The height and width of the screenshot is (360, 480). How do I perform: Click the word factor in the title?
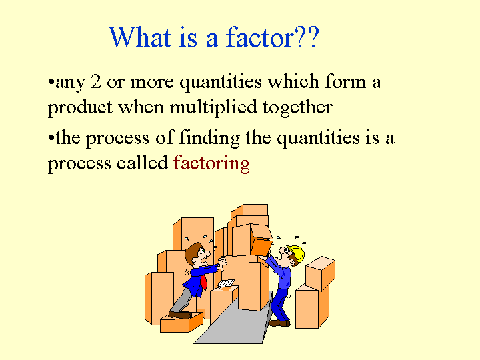click(x=260, y=37)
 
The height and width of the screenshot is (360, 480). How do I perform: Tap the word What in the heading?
click(x=140, y=37)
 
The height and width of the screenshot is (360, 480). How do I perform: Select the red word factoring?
click(x=211, y=163)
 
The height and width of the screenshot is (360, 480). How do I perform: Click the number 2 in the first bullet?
click(x=96, y=82)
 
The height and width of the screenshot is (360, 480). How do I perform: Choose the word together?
click(x=297, y=108)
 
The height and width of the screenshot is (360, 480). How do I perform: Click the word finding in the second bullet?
click(x=209, y=138)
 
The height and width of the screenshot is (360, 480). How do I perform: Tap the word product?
click(x=80, y=108)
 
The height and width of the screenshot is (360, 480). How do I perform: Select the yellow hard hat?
click(x=297, y=253)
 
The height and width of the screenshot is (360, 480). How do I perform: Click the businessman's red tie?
click(x=203, y=282)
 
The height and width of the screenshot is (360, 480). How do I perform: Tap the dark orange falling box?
click(x=261, y=247)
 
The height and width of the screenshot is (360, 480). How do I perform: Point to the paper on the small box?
click(x=226, y=284)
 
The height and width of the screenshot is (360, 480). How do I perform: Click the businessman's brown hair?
click(x=192, y=253)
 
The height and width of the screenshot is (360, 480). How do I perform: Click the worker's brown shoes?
click(x=279, y=323)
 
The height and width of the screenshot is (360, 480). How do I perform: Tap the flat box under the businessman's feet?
click(x=181, y=323)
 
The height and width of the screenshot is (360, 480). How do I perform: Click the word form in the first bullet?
click(x=345, y=81)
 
